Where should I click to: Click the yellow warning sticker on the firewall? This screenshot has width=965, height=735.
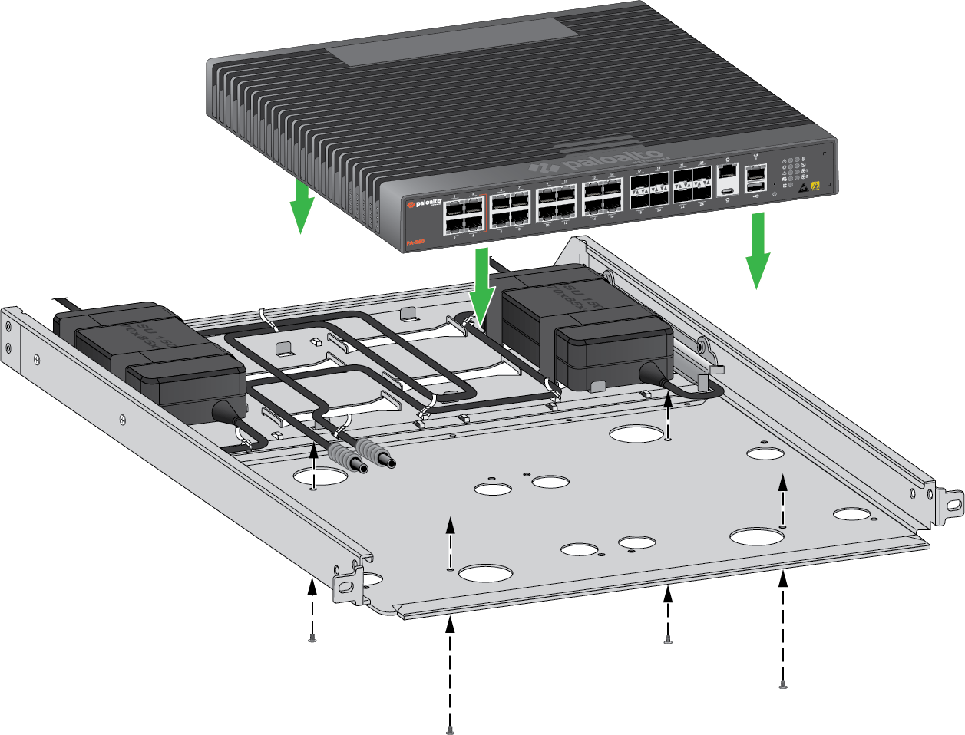coord(816,185)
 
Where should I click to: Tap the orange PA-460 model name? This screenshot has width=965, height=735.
coord(415,242)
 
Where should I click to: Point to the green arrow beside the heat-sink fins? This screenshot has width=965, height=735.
coord(302,206)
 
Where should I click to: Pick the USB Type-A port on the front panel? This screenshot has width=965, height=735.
coord(755,186)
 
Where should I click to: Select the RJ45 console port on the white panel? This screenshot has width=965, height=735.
coord(725,171)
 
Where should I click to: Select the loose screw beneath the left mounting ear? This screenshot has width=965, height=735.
coord(312,638)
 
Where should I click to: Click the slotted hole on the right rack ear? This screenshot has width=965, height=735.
coord(953,505)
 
